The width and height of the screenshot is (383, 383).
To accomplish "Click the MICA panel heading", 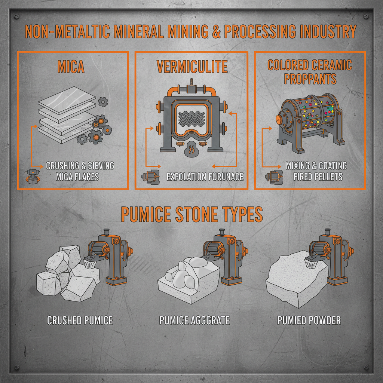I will (x=71, y=67).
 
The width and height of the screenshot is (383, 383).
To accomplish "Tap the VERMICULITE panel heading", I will (x=192, y=67).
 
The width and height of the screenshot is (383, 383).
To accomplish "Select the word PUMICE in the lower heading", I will (x=146, y=214).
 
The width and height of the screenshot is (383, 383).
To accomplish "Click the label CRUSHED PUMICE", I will (x=80, y=321).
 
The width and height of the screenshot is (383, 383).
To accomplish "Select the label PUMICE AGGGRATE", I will (x=194, y=321).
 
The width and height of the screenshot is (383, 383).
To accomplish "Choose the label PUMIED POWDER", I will (x=309, y=321).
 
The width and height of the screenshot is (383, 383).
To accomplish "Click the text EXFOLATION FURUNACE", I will (x=205, y=176).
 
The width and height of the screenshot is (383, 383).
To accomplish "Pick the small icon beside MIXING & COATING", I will (x=272, y=176).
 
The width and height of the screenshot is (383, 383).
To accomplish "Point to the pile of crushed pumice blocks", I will (x=67, y=275).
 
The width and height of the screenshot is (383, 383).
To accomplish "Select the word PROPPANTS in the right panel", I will (x=310, y=79).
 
